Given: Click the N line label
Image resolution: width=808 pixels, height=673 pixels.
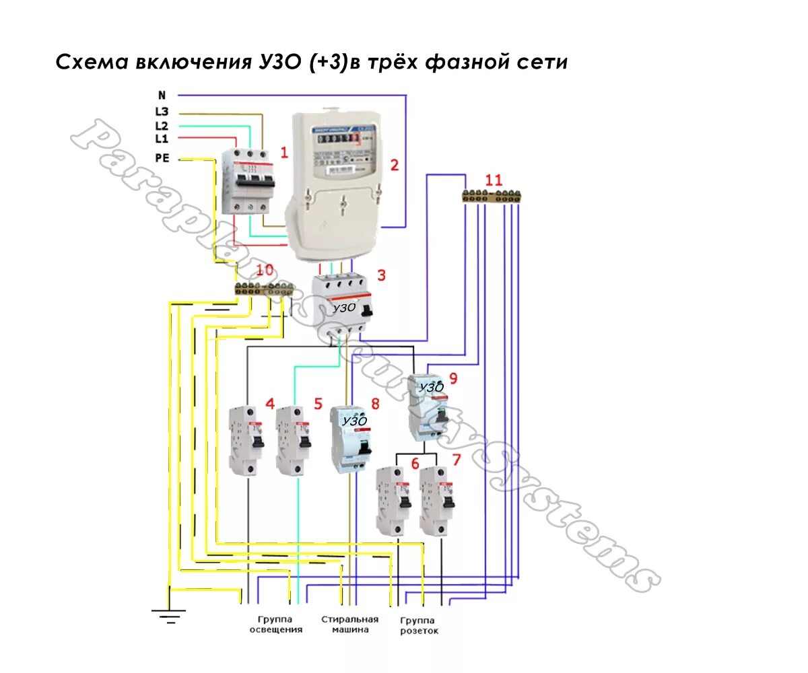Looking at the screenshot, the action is (x=162, y=96).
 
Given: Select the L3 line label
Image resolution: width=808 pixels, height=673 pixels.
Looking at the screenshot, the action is (x=162, y=113).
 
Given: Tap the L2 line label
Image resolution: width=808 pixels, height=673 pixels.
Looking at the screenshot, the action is (x=162, y=126).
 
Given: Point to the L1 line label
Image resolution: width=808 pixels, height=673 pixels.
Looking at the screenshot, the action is (x=162, y=139).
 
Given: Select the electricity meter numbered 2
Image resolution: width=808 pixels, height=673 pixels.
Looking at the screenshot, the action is (x=335, y=185).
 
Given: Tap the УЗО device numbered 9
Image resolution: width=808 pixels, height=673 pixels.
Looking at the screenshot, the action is (x=428, y=407).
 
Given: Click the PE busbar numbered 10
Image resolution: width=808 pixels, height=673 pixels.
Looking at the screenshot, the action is (x=263, y=289).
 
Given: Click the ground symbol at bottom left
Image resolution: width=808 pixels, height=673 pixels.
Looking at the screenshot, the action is (x=168, y=611).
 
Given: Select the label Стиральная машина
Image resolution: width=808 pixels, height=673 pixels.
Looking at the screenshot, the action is (x=349, y=625).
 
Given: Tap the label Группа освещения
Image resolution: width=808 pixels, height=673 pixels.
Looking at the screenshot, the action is (x=276, y=625).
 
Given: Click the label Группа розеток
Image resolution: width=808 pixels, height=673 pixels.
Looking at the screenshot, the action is (x=419, y=626).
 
